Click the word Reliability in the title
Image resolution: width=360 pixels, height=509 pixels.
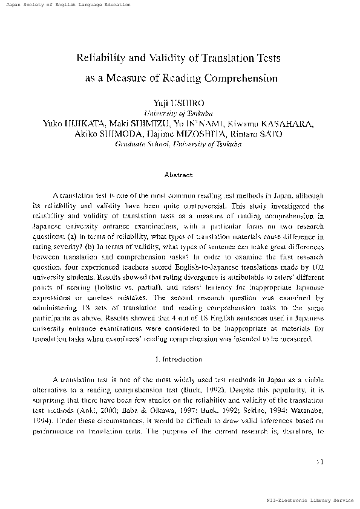96,59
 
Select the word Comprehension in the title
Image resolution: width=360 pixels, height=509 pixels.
242,78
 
